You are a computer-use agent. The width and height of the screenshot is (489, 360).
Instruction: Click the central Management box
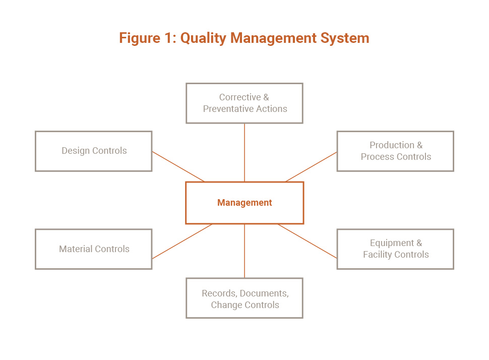coord(244,203)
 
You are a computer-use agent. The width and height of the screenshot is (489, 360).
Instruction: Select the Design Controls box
coord(94,151)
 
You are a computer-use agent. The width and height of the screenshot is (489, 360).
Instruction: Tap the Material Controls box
coord(94,249)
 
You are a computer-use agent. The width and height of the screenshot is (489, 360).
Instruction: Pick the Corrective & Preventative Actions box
coord(244,103)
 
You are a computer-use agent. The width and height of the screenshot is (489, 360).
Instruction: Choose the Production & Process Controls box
coord(395,151)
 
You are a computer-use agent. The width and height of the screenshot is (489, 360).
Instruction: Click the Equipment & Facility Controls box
coord(395,249)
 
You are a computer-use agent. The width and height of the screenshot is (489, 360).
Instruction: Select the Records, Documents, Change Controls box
coord(244,298)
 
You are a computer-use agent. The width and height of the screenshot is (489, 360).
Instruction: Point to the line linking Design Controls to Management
coord(178,166)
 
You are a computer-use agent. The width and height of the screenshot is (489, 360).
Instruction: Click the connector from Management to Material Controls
coord(182,242)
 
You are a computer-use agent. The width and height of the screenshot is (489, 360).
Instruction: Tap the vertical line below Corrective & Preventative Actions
coord(244,153)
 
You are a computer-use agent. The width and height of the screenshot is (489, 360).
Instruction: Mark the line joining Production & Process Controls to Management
coord(311,167)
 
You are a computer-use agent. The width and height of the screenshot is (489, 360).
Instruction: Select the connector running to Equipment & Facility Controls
coord(308,241)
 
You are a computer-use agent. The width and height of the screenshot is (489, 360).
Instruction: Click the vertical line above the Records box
coord(244,251)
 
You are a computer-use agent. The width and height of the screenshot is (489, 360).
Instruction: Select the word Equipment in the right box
coord(392,244)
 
